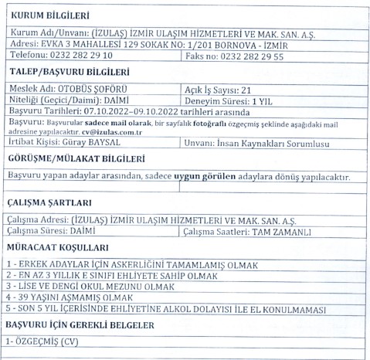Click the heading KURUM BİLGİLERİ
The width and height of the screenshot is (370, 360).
point(49,15)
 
